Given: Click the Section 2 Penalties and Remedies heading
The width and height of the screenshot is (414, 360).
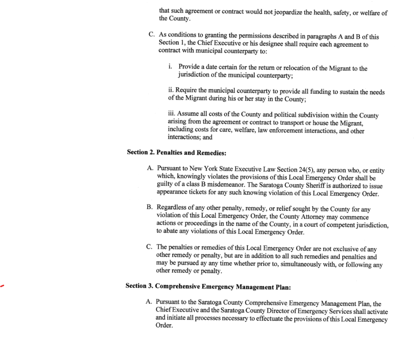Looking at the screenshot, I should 176,152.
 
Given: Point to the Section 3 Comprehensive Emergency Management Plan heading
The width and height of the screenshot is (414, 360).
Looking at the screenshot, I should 208,286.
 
